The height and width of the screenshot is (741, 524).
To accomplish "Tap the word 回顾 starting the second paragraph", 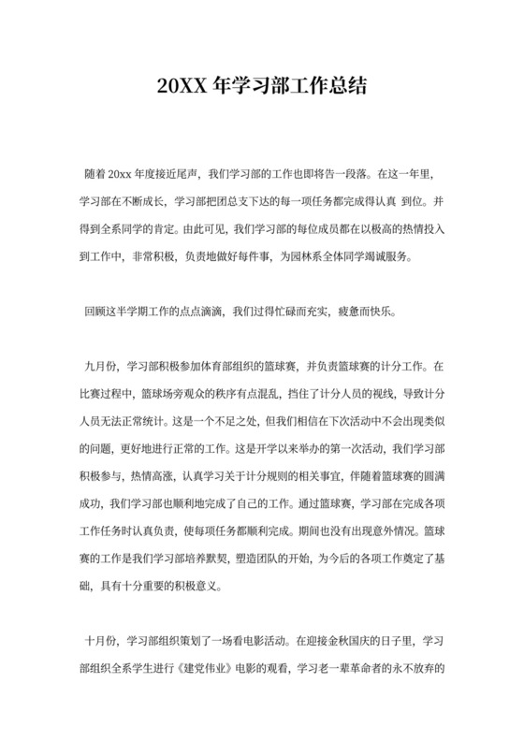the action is (x=95, y=312).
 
